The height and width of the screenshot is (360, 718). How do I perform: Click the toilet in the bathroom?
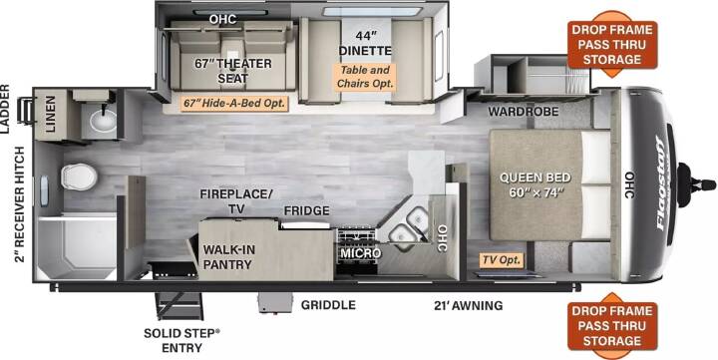coord(79,177)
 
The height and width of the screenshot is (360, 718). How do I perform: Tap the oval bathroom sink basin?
coord(103,121)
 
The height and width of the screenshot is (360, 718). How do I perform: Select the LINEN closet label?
coord(50,114)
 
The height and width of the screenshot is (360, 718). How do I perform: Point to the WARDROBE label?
coord(523,112)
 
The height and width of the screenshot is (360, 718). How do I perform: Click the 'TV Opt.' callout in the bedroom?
coord(502,260)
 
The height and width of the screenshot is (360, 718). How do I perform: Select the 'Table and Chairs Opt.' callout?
coord(365,77)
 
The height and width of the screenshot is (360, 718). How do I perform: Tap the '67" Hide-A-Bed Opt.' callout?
coord(234,103)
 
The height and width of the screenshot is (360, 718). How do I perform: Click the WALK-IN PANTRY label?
coord(227,257)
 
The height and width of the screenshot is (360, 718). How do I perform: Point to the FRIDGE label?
coord(306,210)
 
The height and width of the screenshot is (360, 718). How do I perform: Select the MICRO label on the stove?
coord(360,253)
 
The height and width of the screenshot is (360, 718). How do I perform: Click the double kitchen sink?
coord(409,226)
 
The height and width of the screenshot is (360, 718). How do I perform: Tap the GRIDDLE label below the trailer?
coord(328,304)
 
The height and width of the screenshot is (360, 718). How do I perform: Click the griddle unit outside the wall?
coord(275,302)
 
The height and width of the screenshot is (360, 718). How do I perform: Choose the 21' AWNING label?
coord(468,305)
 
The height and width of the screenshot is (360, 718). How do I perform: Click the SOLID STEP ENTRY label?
coord(181,340)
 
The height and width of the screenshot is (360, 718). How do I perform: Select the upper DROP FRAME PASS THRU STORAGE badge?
coord(612,45)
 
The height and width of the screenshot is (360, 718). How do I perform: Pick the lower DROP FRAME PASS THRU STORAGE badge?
coord(612,326)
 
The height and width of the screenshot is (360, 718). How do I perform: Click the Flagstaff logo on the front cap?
coord(663,182)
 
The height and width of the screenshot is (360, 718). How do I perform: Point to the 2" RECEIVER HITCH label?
coord(20,204)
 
